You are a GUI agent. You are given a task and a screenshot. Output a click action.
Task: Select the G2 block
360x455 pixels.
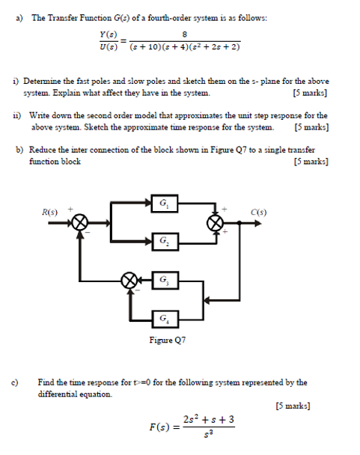tap(163, 242)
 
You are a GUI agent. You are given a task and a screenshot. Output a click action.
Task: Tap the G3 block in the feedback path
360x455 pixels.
tap(164, 280)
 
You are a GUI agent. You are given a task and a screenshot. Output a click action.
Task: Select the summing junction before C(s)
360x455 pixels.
tap(216, 222)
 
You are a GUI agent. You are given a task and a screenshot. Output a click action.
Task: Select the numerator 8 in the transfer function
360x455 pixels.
tap(183, 34)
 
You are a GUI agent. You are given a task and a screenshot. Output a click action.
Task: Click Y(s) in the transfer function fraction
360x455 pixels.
tap(108, 34)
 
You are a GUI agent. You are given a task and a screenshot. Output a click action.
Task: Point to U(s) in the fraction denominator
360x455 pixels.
tap(108, 47)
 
